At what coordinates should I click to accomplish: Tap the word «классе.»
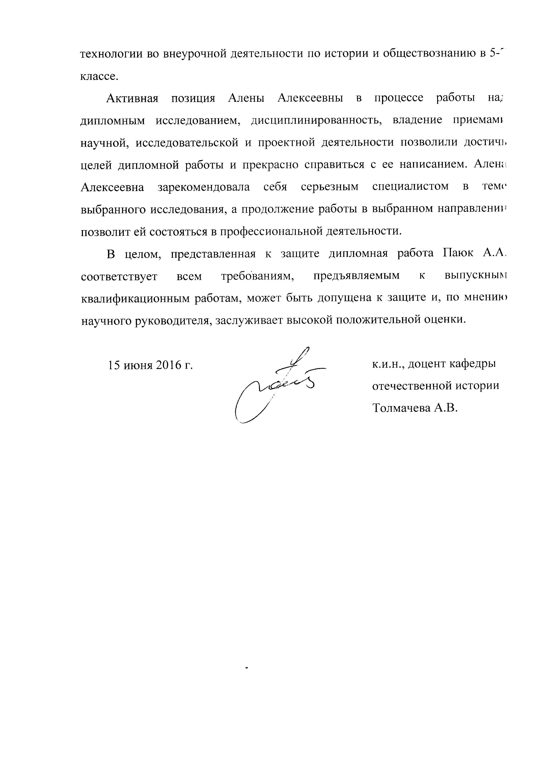pos(99,76)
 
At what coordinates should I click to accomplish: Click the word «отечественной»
pos(411,386)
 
